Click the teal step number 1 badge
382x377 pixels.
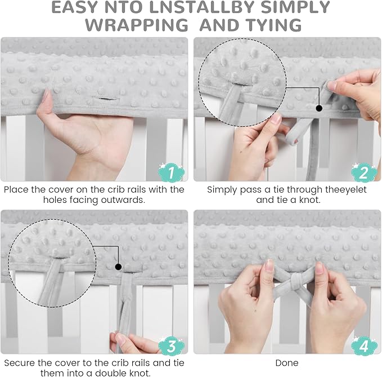[x=171, y=172]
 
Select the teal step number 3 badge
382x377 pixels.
[x=171, y=345]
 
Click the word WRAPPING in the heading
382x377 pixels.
[x=137, y=25]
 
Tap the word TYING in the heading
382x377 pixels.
[x=274, y=25]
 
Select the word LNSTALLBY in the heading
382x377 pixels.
[x=203, y=7]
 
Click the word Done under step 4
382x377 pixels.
[x=287, y=363]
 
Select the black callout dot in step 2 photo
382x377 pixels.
[x=319, y=108]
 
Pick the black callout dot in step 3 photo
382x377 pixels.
[x=118, y=267]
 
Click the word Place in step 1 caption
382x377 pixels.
[x=16, y=189]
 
